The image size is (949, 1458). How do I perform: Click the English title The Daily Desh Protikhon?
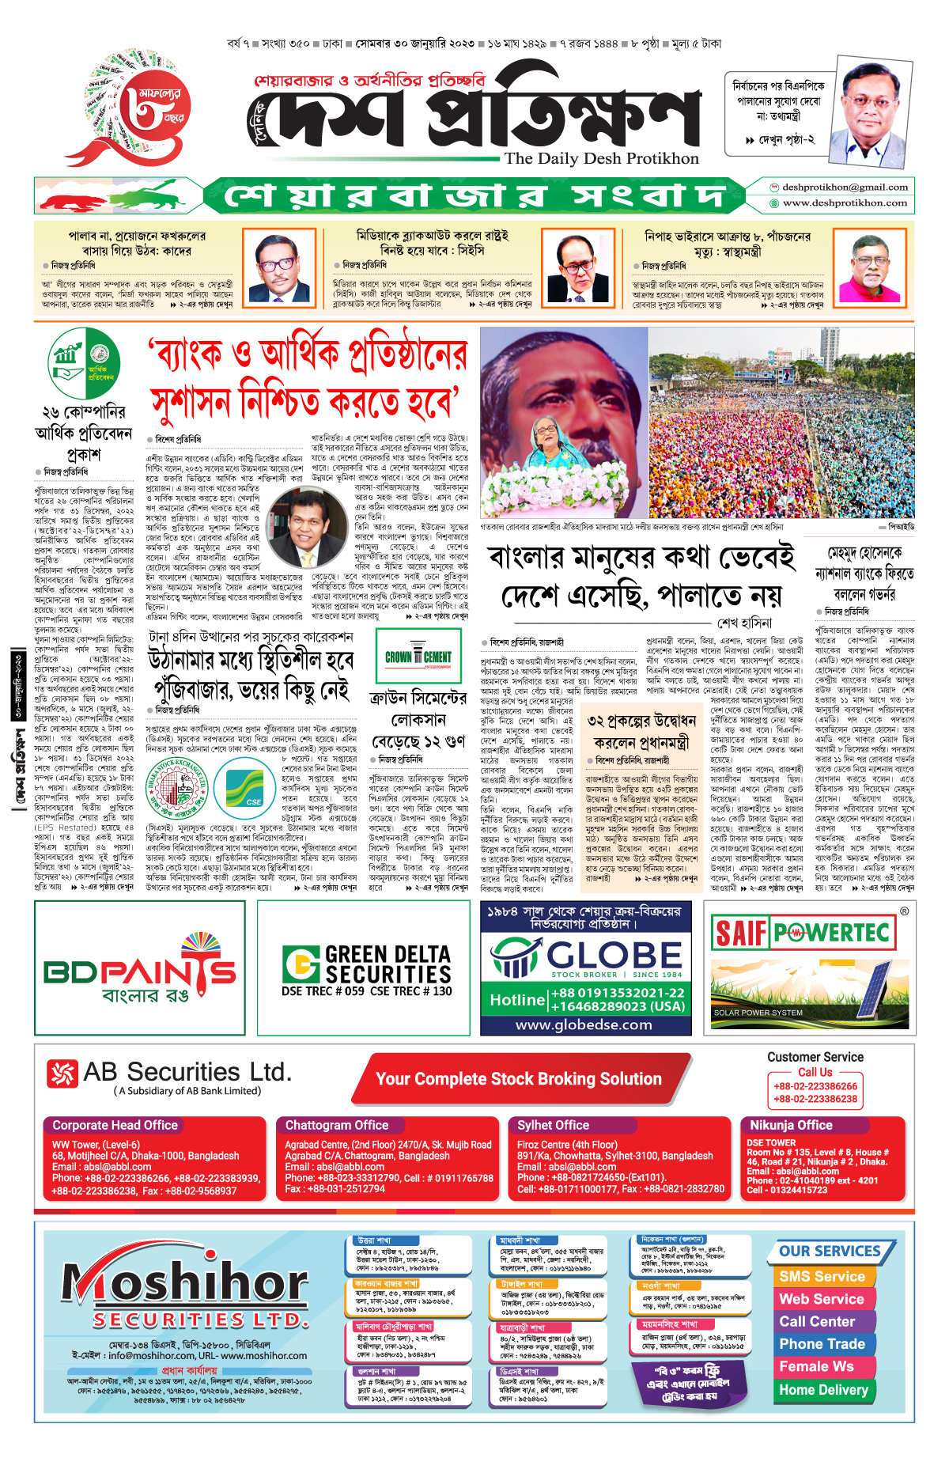(602, 158)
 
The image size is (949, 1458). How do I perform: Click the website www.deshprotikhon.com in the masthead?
(845, 203)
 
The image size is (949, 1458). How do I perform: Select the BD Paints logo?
(140, 971)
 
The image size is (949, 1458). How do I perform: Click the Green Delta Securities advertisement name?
(387, 964)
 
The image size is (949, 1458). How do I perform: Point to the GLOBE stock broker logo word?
(614, 955)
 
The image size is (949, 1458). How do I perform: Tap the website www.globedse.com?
(584, 1024)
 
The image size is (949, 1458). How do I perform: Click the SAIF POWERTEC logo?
(800, 933)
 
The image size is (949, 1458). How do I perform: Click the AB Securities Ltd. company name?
(187, 1072)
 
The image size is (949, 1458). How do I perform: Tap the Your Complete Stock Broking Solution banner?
(519, 1079)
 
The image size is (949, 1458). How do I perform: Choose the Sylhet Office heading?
(553, 1125)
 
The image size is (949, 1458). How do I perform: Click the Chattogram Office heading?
(337, 1125)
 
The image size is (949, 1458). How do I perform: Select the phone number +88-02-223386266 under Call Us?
(815, 1086)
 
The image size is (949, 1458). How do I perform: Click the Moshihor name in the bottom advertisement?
(185, 1281)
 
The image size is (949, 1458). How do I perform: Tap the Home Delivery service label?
(823, 1389)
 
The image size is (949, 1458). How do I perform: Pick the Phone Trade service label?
(822, 1344)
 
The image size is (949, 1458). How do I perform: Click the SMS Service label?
(822, 1276)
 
